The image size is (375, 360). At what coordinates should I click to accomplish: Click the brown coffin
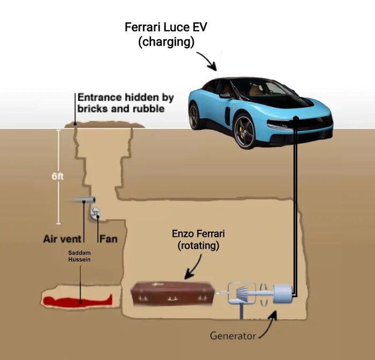(x=172, y=293)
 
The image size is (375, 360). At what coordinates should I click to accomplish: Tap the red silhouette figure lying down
(x=78, y=301)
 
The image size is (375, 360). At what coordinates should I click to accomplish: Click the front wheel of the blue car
(x=244, y=131)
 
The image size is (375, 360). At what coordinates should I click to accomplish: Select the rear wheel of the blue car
(x=194, y=116)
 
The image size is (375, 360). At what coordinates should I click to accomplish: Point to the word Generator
(x=233, y=336)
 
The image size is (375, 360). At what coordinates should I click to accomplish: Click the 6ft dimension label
(x=57, y=177)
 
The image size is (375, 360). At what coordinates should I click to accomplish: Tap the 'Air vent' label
(x=62, y=239)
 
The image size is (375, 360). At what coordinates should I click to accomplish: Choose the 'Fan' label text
(x=109, y=239)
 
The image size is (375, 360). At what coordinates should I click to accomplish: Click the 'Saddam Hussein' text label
(x=79, y=256)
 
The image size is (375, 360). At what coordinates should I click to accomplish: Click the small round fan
(x=95, y=213)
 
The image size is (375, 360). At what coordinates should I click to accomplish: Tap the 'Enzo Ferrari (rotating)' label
(x=198, y=239)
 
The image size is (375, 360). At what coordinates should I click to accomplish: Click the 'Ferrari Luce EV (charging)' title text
(x=166, y=34)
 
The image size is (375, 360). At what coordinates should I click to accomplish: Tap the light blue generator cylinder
(x=283, y=294)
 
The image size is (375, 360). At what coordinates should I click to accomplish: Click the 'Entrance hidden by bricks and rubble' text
(x=125, y=103)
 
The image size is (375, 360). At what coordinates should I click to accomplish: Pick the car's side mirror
(x=225, y=95)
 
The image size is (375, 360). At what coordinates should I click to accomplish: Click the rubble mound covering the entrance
(x=105, y=125)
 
